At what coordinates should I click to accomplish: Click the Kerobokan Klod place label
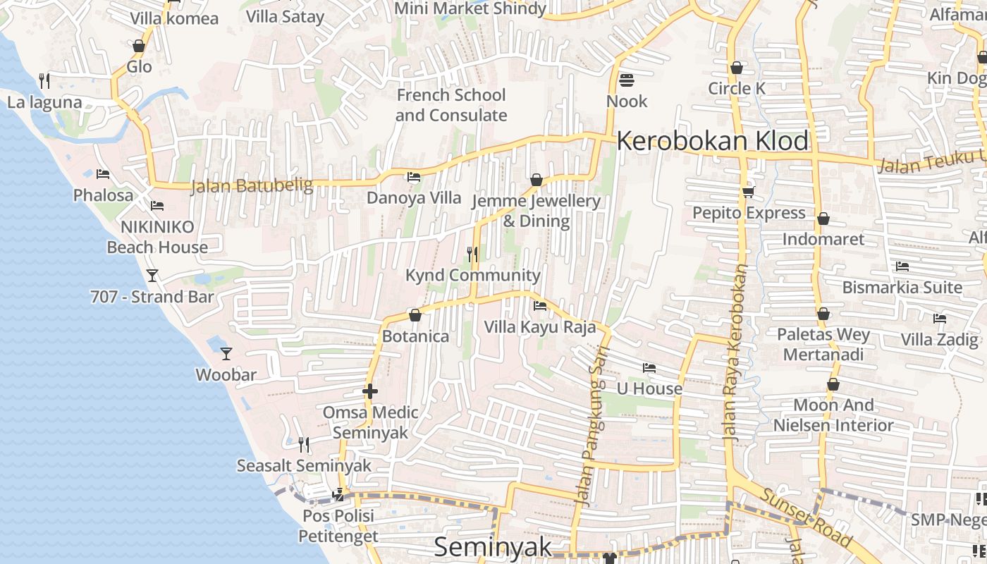pyautogui.click(x=713, y=141)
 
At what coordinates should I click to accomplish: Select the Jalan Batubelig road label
pyautogui.click(x=252, y=185)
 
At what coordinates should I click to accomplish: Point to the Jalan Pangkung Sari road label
pyautogui.click(x=591, y=435)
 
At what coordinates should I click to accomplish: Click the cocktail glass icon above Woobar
pyautogui.click(x=226, y=353)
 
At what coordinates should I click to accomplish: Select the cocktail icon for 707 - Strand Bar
pyautogui.click(x=152, y=275)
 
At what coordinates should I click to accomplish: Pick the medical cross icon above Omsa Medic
pyautogui.click(x=370, y=391)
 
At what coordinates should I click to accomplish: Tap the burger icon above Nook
pyautogui.click(x=626, y=80)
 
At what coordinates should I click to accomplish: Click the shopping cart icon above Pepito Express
pyautogui.click(x=748, y=192)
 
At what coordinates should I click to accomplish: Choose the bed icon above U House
pyautogui.click(x=649, y=367)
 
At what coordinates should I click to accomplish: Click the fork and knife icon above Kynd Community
pyautogui.click(x=472, y=254)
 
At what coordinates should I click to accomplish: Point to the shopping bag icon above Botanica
pyautogui.click(x=415, y=315)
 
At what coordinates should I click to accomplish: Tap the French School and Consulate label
pyautogui.click(x=451, y=105)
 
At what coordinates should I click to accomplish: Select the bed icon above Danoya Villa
pyautogui.click(x=414, y=176)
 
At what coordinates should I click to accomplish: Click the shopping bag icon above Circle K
pyautogui.click(x=737, y=68)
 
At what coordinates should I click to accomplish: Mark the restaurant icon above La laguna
pyautogui.click(x=44, y=81)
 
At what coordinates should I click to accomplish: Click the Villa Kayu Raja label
pyautogui.click(x=539, y=327)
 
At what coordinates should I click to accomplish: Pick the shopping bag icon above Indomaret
pyautogui.click(x=823, y=219)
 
